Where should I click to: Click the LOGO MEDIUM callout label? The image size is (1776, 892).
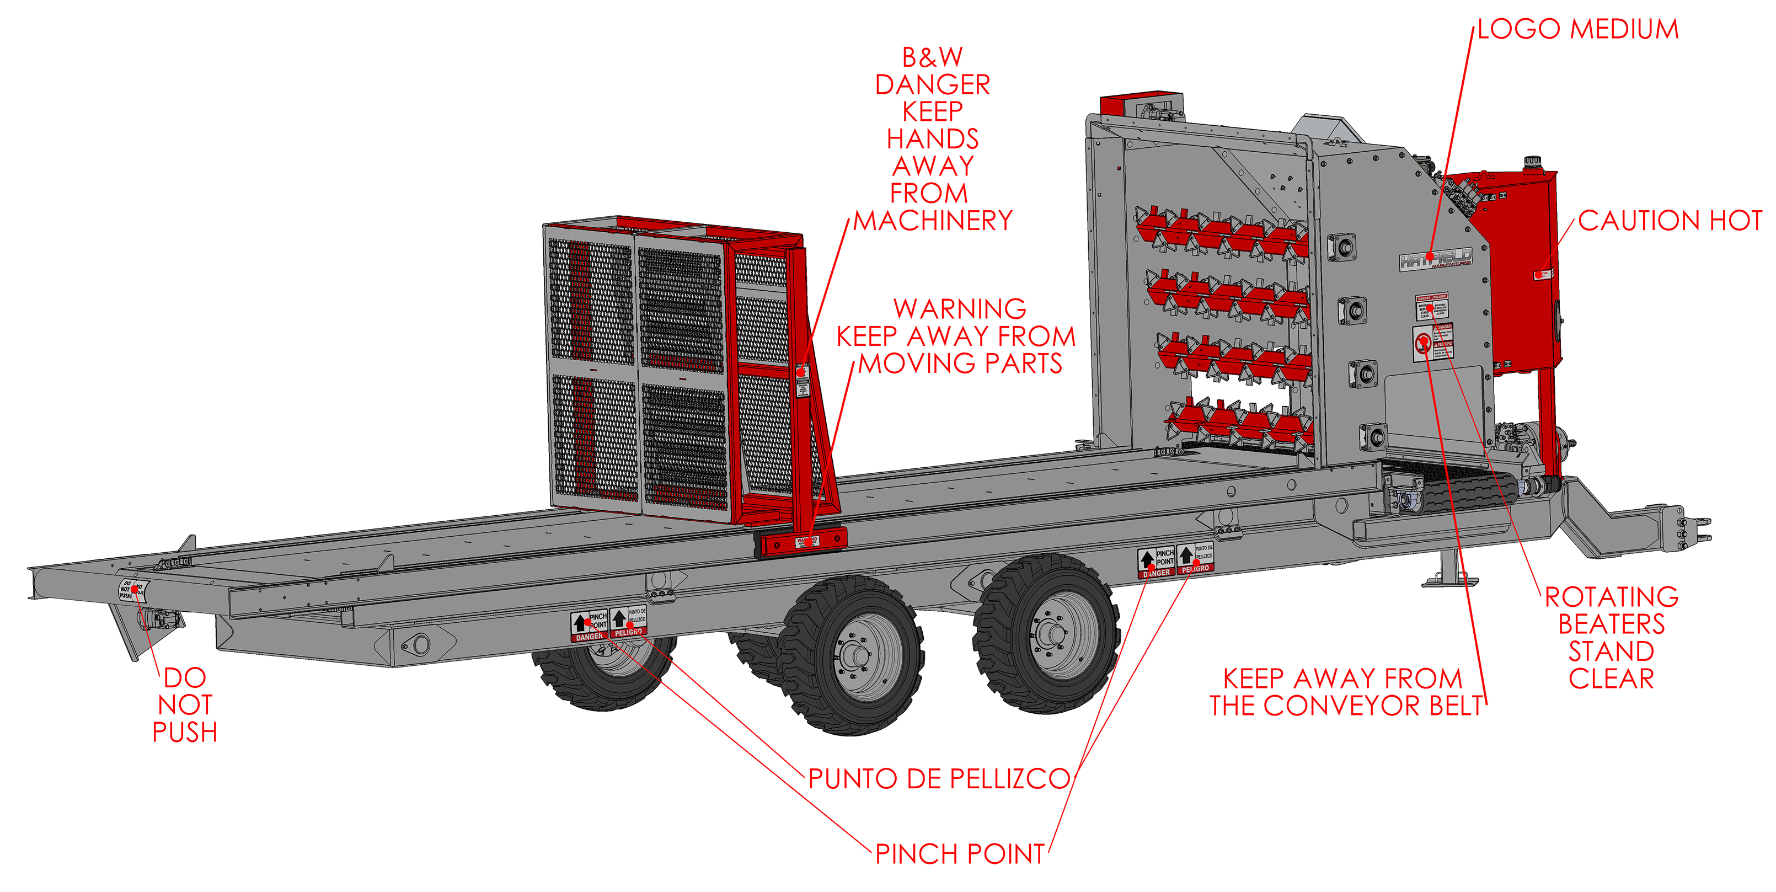pos(1577,29)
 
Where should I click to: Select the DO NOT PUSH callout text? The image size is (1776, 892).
pos(185,704)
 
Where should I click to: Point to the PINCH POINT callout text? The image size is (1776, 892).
pos(960,854)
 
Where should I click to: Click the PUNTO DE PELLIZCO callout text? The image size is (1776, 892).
pos(939,779)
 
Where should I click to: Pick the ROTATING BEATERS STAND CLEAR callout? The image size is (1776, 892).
pos(1611,638)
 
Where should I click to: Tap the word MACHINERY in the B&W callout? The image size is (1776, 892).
pos(933,221)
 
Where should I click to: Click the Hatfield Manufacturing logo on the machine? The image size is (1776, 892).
pos(1435,259)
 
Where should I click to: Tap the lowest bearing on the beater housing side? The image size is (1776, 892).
pos(1374,436)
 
